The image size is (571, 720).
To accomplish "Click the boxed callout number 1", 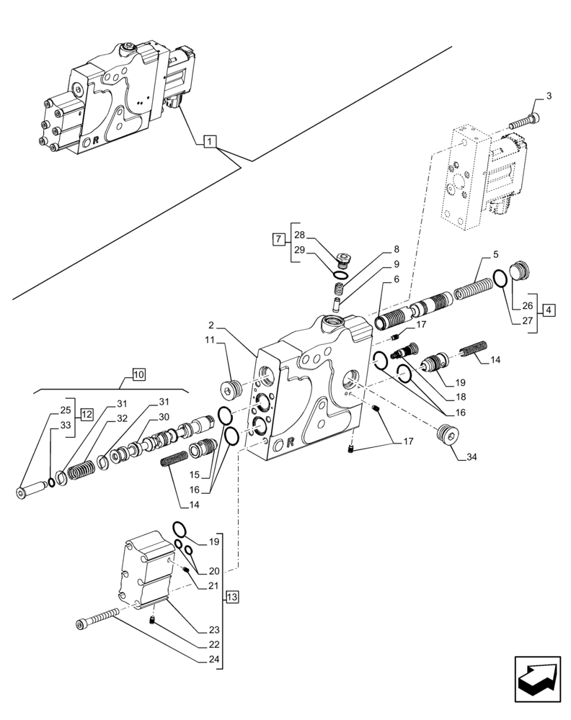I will [208, 142].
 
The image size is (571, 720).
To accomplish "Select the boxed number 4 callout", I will [549, 310].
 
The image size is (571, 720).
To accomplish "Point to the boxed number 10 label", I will [139, 374].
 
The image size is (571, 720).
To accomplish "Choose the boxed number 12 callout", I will [87, 414].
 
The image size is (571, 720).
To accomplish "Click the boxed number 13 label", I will [231, 596].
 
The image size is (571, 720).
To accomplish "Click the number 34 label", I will [472, 456].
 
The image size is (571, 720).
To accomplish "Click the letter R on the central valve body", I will [290, 442].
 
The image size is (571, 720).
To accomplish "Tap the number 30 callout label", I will [164, 416].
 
